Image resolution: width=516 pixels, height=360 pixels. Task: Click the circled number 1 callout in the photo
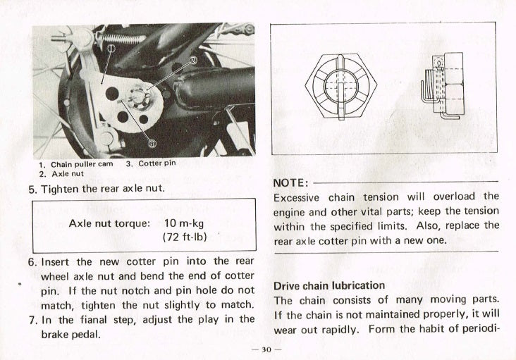tap(111, 49)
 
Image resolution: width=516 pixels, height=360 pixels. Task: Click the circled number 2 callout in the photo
tap(193, 60)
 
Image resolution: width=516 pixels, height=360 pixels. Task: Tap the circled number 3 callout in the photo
tap(152, 143)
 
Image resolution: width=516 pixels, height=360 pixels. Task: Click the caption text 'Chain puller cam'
tap(82, 164)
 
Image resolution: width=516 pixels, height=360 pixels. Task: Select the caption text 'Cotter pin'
tap(157, 163)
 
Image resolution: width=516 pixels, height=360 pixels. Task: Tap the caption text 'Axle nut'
tap(68, 173)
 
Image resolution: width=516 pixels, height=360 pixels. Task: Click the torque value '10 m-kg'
tap(184, 223)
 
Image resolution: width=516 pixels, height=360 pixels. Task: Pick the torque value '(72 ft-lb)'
tap(185, 237)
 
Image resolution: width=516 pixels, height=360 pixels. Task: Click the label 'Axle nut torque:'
tap(109, 223)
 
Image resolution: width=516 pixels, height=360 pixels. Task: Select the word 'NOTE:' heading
tap(291, 182)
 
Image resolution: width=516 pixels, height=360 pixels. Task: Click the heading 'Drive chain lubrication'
tap(329, 285)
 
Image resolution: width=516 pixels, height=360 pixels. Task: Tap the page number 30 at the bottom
tap(266, 349)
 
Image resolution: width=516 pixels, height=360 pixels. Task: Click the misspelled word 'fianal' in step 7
tap(94, 320)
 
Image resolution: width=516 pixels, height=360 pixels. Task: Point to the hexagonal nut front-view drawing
tap(341, 87)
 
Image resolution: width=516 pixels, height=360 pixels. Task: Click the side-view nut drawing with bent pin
tap(442, 86)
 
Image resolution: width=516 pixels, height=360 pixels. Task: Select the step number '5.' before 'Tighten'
tap(33, 190)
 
